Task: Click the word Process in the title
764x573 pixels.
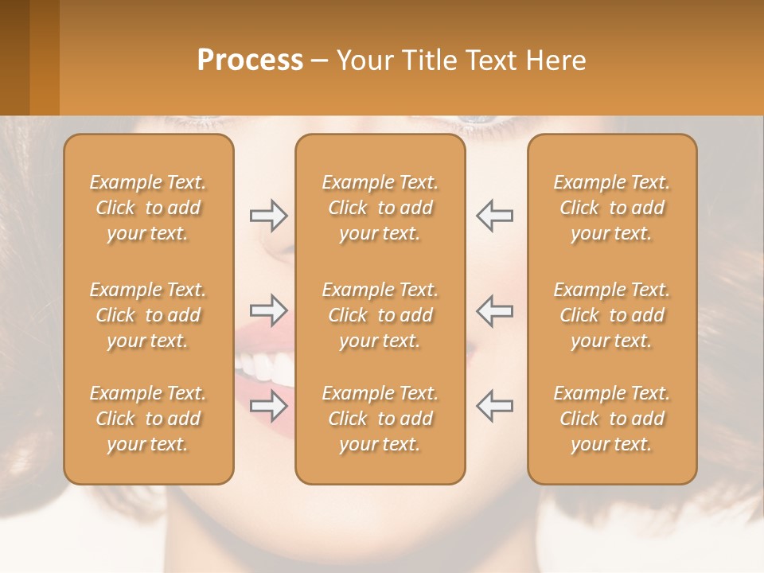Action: (250, 60)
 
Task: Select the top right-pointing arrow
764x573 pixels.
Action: (269, 216)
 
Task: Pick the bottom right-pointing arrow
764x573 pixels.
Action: (269, 405)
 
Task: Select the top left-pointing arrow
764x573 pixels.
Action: (494, 216)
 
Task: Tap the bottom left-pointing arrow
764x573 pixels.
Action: (494, 405)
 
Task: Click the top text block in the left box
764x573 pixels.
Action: (148, 208)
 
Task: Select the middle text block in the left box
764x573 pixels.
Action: (148, 315)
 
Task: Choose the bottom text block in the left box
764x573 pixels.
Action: (148, 419)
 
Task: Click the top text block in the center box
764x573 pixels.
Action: (380, 208)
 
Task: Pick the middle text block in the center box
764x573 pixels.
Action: (380, 315)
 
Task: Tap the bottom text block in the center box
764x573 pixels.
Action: (380, 419)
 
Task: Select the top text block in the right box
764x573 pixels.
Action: (611, 208)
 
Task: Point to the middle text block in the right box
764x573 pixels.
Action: (611, 315)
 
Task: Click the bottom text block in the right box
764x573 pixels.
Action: (611, 419)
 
